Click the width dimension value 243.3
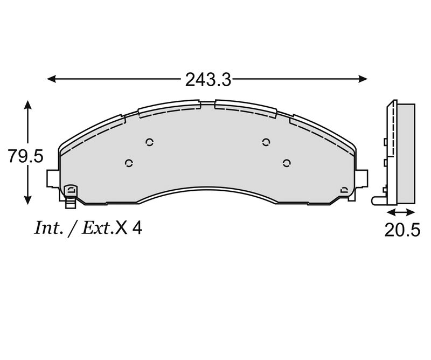coord(208,80)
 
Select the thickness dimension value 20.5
coord(402,230)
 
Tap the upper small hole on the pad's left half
coord(150,142)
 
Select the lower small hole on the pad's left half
coord(128,163)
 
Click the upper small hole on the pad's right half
coord(265,142)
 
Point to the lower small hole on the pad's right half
coord(287,162)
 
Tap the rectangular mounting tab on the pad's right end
coord(363,178)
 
